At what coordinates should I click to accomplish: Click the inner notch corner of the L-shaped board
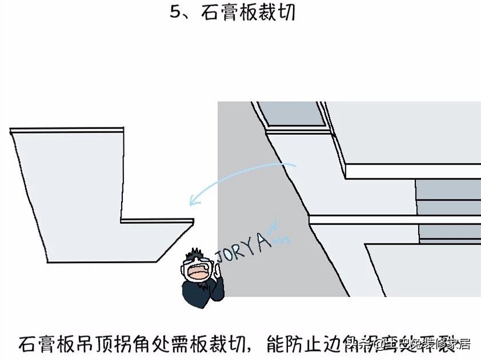pos(122,219)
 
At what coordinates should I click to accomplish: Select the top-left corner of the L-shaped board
pos(11,131)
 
